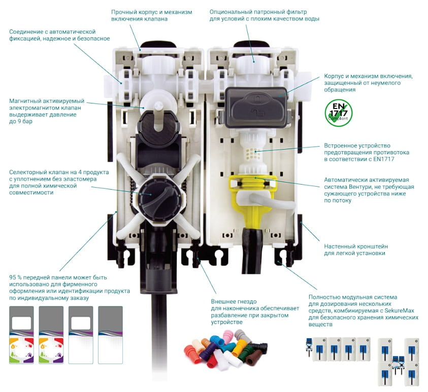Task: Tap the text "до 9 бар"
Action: pyautogui.click(x=23, y=122)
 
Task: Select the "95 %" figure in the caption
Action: pyautogui.click(x=17, y=277)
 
